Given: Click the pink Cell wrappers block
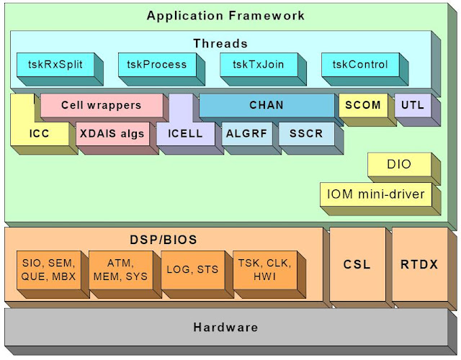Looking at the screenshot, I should click(101, 105).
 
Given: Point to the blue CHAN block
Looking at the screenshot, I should click(266, 105).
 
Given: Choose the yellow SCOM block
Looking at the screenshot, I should click(362, 105).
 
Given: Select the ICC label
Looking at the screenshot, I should click(40, 133).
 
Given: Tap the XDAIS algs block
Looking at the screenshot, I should click(112, 133).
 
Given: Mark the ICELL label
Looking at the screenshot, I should click(185, 133).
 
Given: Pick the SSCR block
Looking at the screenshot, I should click(306, 133).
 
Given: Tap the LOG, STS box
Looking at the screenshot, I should click(191, 269).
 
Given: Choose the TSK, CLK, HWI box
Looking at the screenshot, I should click(263, 269).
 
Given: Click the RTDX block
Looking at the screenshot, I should click(419, 264).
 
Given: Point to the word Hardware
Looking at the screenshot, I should click(225, 328).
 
